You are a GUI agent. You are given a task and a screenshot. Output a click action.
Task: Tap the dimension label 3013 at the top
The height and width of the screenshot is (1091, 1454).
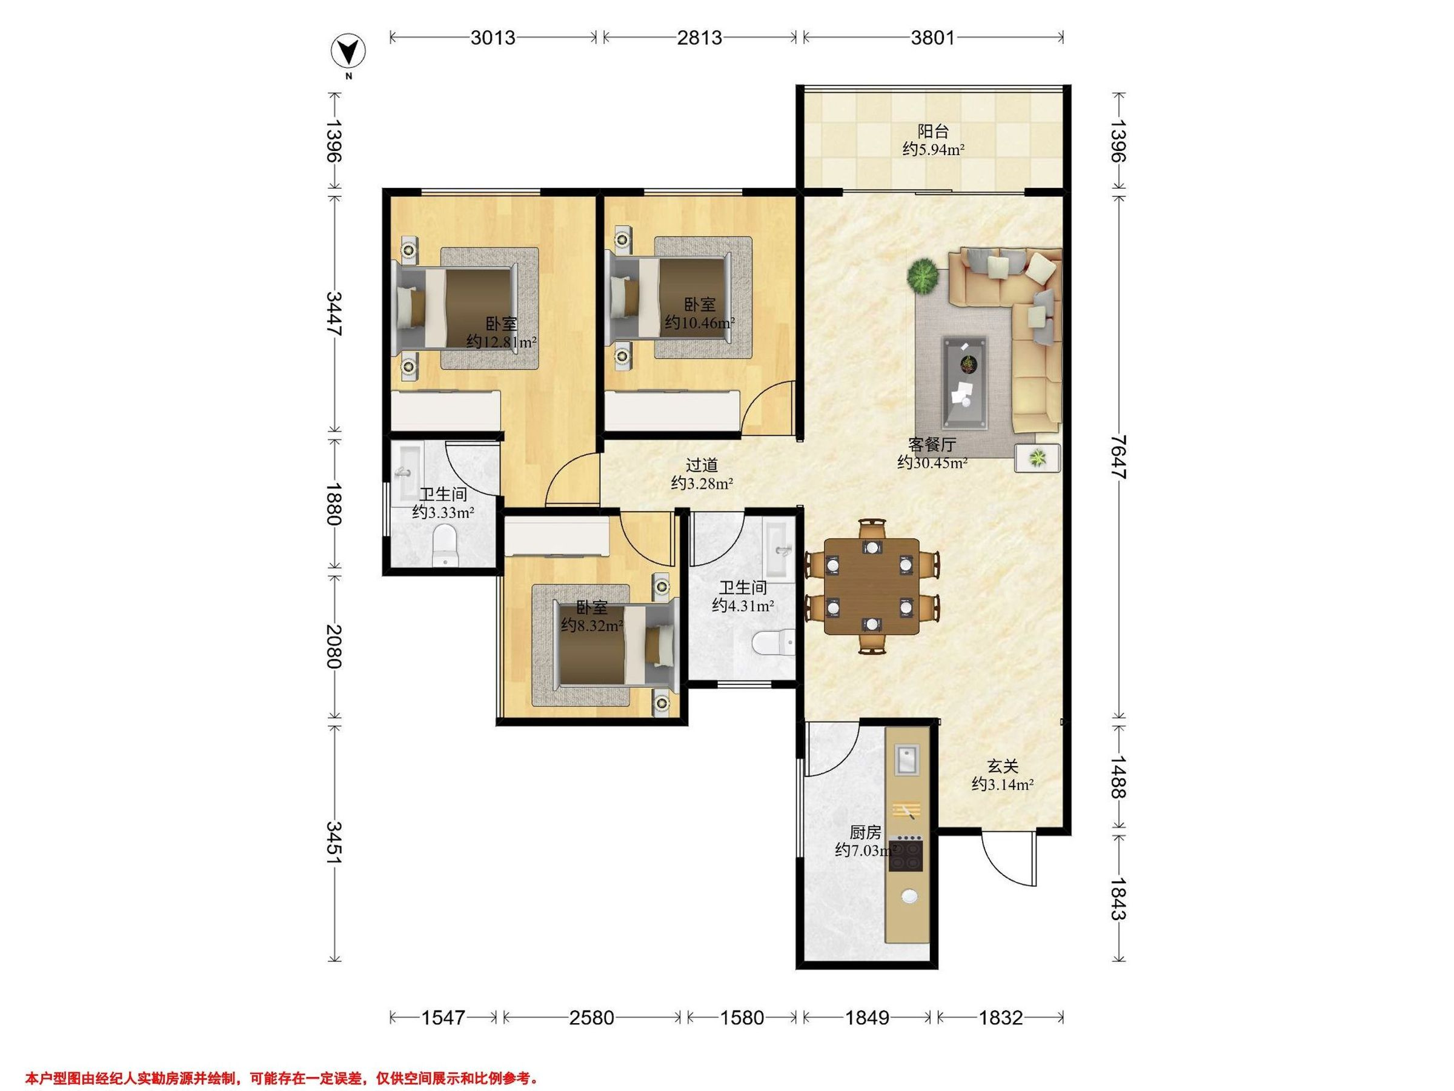(x=493, y=38)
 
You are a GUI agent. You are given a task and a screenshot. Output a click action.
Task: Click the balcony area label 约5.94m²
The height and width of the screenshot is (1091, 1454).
(x=933, y=149)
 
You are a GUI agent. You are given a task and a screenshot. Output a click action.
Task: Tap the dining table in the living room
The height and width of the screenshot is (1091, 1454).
(x=872, y=587)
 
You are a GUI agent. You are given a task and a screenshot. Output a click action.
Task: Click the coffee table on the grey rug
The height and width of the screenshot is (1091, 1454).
(x=964, y=373)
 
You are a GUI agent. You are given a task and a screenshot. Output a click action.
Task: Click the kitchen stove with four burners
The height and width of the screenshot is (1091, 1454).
(x=906, y=853)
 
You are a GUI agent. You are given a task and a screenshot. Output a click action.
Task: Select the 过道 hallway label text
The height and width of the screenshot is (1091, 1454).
(x=702, y=465)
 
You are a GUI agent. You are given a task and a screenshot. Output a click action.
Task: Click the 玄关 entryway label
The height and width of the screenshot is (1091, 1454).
(x=1003, y=766)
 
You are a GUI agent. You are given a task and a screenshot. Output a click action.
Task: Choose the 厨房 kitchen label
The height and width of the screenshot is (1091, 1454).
(x=865, y=833)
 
